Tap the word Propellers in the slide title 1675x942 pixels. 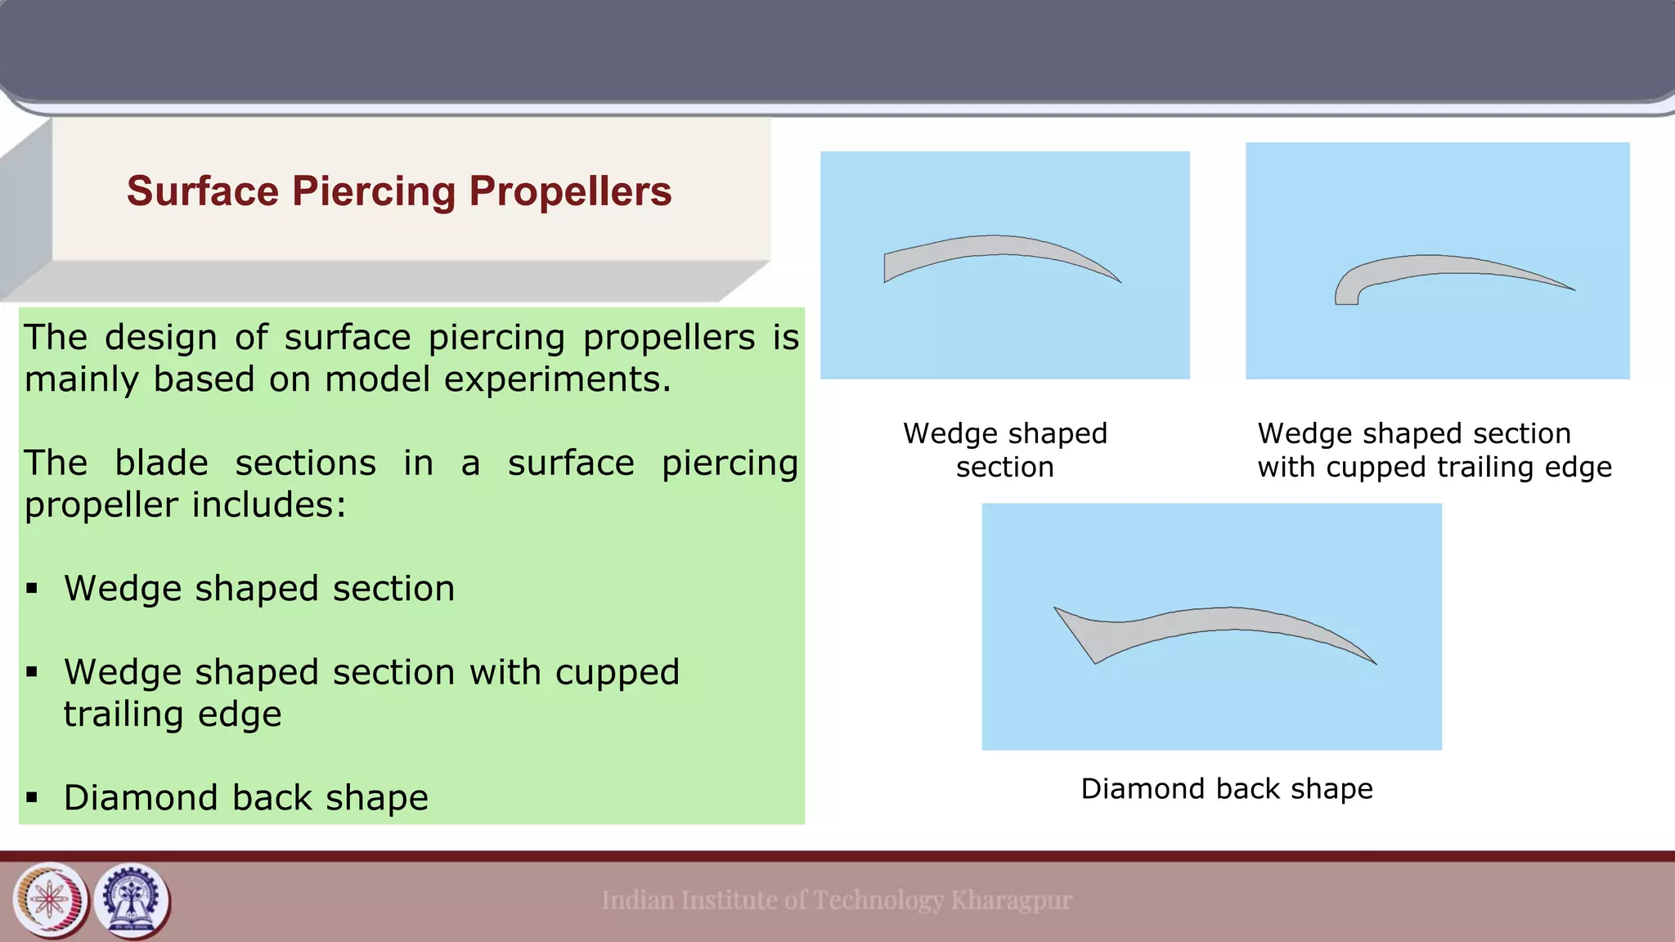[x=570, y=191]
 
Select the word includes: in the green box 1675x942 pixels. [x=269, y=505]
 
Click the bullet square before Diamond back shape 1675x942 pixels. [x=32, y=797]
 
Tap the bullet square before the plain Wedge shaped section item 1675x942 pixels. [x=32, y=588]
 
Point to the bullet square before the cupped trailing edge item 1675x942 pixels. [x=32, y=672]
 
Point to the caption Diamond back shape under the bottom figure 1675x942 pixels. [x=1226, y=788]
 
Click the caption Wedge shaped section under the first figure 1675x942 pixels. [x=1004, y=450]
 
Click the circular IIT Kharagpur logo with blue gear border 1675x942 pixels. [x=132, y=900]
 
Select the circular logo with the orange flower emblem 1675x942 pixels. [x=50, y=900]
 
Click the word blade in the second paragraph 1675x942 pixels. [x=161, y=463]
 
